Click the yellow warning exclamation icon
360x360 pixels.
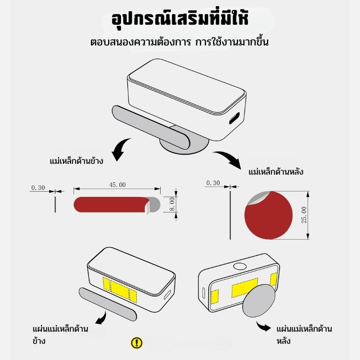[x=137, y=343]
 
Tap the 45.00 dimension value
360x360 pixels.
[x=117, y=185]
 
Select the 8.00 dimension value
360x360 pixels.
[x=172, y=204]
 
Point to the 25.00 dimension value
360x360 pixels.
[x=304, y=215]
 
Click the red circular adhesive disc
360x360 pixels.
[x=268, y=216]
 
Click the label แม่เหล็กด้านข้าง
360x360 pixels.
[x=76, y=161]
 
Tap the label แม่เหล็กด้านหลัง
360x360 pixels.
[x=276, y=172]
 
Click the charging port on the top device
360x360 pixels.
[x=234, y=118]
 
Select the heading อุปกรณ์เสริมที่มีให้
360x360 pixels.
[x=180, y=19]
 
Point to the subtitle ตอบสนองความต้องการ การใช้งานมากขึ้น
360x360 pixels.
[x=179, y=42]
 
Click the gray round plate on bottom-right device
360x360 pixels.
[x=259, y=301]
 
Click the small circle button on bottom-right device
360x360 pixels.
[x=240, y=266]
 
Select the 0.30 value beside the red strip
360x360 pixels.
[x=38, y=188]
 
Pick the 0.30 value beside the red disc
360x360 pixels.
[x=213, y=183]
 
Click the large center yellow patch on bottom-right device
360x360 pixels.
[x=244, y=288]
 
